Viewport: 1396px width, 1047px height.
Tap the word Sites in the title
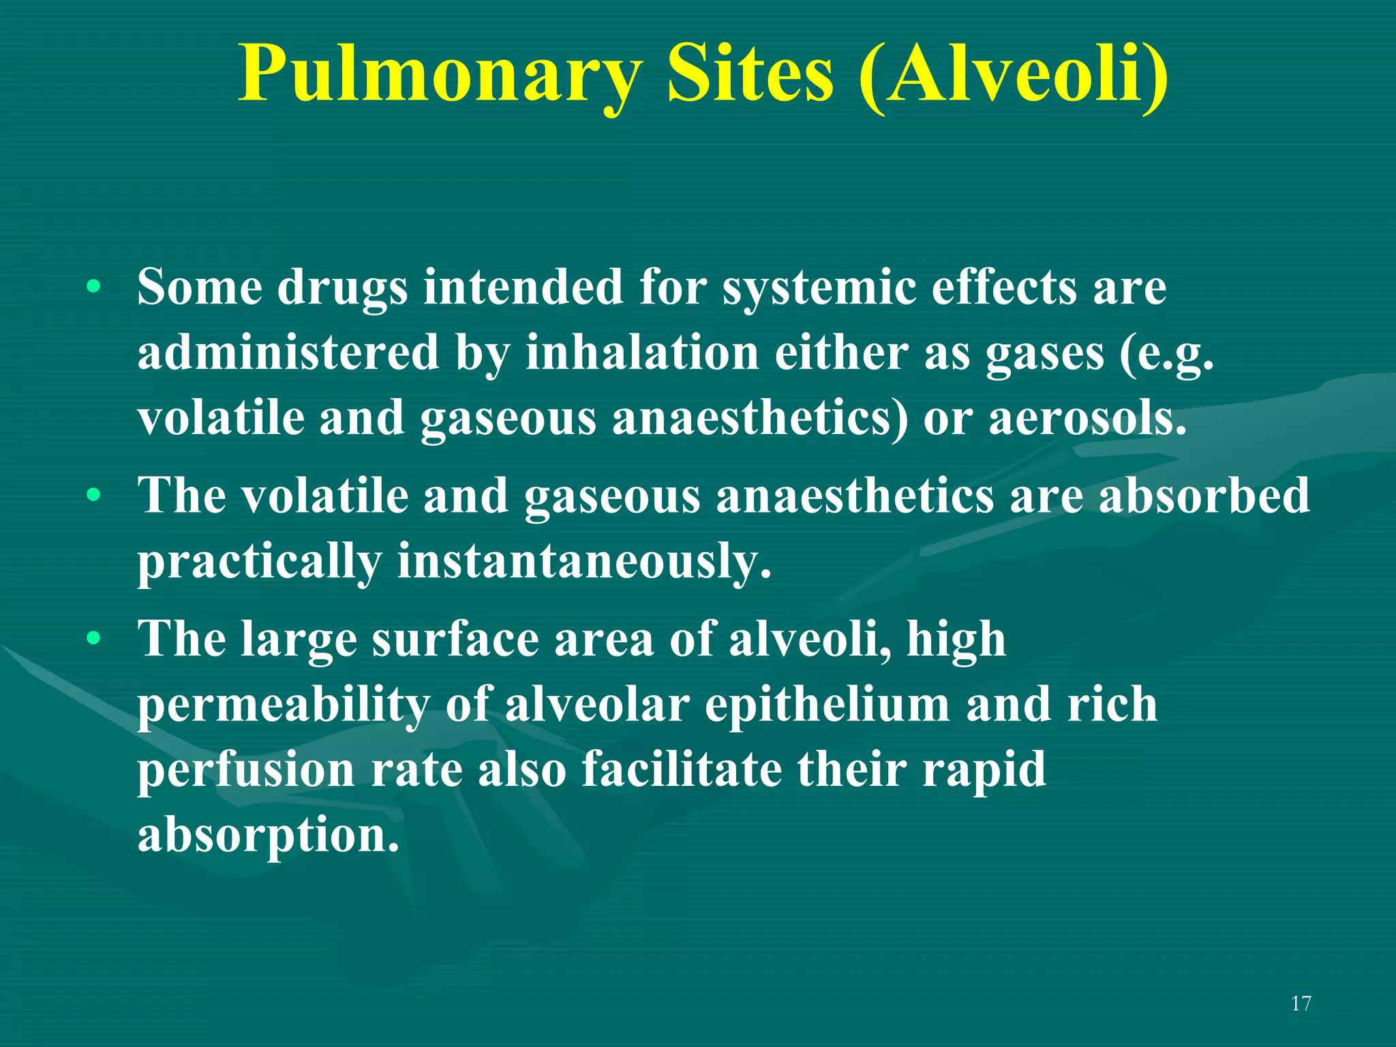tap(750, 74)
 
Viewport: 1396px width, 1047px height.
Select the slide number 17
tap(1301, 1003)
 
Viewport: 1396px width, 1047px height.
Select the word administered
tap(288, 353)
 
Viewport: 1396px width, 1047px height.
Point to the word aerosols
tap(1087, 419)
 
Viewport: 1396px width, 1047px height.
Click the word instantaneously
tap(584, 561)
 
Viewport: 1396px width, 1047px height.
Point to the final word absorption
tap(268, 836)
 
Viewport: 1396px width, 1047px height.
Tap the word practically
tap(259, 561)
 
